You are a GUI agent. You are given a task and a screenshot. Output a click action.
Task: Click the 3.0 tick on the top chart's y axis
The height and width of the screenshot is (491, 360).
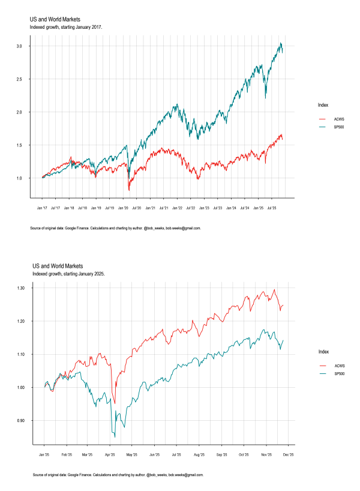pyautogui.click(x=22, y=46)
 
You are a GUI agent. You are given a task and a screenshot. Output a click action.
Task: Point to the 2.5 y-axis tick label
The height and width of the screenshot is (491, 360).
pyautogui.click(x=22, y=79)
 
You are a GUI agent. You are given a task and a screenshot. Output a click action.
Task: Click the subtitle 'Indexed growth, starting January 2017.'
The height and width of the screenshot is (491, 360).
pyautogui.click(x=66, y=28)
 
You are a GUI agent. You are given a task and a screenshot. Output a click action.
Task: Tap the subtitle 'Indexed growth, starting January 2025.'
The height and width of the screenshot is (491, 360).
pyautogui.click(x=69, y=274)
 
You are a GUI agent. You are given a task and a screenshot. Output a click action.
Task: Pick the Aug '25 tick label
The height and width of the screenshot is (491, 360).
pyautogui.click(x=199, y=454)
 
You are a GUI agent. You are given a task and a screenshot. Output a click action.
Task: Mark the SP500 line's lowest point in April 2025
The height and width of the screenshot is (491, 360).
pyautogui.click(x=114, y=436)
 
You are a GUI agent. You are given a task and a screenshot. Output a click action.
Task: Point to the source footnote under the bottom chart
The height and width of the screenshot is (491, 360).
pyautogui.click(x=118, y=474)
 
